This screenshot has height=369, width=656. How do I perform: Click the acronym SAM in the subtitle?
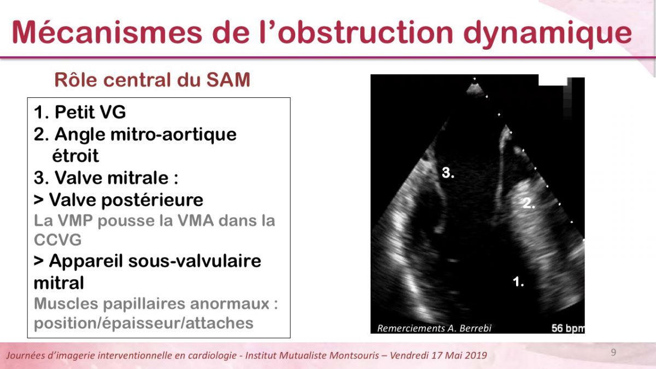click(229, 80)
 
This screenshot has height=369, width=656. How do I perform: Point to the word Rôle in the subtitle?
click(75, 80)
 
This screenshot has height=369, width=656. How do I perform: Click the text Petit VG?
click(90, 112)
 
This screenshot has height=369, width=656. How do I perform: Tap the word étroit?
click(75, 155)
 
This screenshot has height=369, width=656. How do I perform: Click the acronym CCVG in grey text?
click(58, 240)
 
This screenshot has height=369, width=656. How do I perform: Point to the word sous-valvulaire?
click(195, 261)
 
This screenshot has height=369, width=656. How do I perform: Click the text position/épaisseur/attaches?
click(143, 324)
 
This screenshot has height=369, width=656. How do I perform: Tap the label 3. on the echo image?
click(448, 173)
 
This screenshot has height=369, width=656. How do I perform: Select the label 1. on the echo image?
click(518, 281)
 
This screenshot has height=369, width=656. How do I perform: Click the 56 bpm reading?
click(568, 329)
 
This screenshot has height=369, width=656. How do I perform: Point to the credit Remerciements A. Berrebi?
click(434, 329)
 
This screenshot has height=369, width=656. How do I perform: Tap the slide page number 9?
click(613, 352)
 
